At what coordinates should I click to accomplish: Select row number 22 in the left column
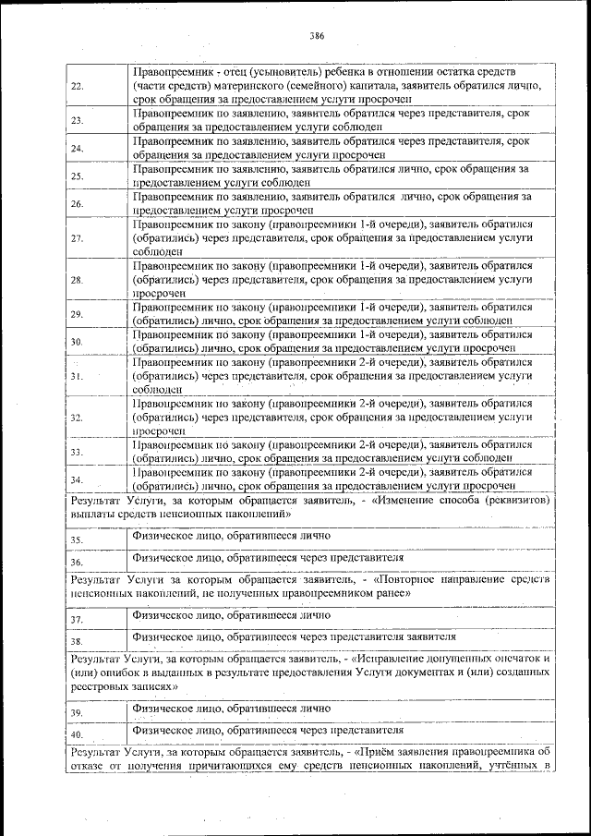pyautogui.click(x=78, y=86)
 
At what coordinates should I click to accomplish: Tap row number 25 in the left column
pyautogui.click(x=78, y=176)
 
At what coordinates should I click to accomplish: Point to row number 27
pyautogui.click(x=78, y=237)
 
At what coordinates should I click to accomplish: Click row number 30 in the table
pyautogui.click(x=78, y=342)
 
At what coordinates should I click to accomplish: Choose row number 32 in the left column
pyautogui.click(x=78, y=418)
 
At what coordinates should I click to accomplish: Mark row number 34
pyautogui.click(x=78, y=480)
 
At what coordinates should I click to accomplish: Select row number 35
pyautogui.click(x=78, y=539)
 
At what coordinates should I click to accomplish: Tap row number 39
pyautogui.click(x=78, y=712)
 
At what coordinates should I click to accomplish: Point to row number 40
pyautogui.click(x=78, y=734)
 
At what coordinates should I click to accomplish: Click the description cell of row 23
pyautogui.click(x=332, y=119)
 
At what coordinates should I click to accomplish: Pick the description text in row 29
pyautogui.click(x=332, y=313)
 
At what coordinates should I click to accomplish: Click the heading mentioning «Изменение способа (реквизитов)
pyautogui.click(x=310, y=506)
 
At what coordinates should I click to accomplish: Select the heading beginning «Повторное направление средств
pyautogui.click(x=310, y=586)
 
